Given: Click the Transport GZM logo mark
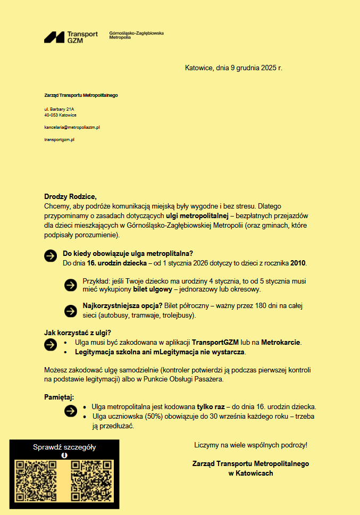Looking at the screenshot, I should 54,37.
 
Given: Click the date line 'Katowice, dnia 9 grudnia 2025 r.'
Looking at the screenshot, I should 233,68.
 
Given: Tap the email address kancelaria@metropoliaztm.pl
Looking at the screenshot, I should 72,128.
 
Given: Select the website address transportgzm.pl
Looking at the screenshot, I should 59,139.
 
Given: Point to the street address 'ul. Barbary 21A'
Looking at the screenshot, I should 59,109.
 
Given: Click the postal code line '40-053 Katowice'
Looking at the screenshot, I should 60,115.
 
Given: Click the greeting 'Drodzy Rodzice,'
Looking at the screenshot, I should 70,196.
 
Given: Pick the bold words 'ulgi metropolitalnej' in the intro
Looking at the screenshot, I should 196,216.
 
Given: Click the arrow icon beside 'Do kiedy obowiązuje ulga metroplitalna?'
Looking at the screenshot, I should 51,255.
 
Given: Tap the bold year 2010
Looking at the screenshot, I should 298,263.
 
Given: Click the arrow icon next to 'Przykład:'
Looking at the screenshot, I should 70,285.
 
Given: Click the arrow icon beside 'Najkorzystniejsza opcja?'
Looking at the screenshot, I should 70,311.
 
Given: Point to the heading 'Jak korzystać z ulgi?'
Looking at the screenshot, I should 77,333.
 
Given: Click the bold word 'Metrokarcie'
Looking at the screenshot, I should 281,342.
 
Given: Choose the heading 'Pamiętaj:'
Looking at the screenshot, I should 59,397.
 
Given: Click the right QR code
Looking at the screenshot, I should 92,481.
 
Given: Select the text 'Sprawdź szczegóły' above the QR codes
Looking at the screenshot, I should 64,447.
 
